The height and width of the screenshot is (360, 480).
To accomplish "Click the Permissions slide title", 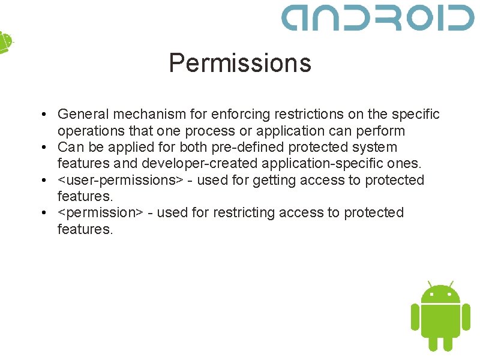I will (240, 63).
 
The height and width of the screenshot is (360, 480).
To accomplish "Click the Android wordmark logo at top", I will (378, 17).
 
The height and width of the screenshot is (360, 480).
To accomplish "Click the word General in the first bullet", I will (83, 114).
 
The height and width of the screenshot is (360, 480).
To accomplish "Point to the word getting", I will (273, 181).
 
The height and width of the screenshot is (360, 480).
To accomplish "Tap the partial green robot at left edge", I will (5, 42).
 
